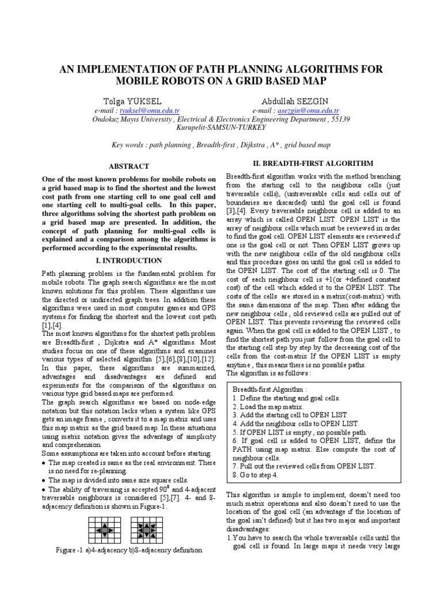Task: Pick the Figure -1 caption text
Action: [x=129, y=550]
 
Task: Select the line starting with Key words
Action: [x=221, y=145]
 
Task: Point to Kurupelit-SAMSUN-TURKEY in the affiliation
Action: [x=221, y=127]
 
